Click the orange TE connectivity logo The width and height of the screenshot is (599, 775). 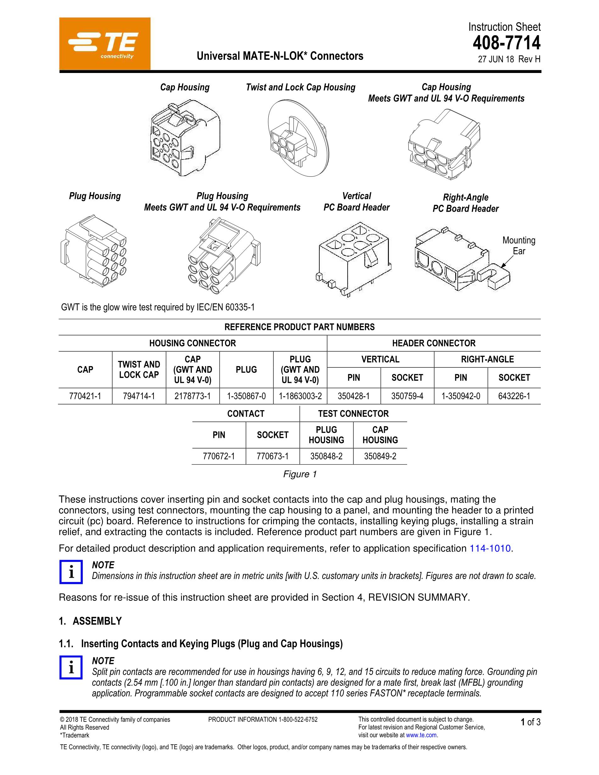[x=105, y=44]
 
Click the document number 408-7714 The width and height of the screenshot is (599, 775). [x=507, y=43]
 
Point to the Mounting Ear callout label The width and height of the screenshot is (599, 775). [x=518, y=246]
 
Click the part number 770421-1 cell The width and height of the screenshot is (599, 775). [x=85, y=396]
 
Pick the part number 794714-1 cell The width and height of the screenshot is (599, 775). [x=139, y=396]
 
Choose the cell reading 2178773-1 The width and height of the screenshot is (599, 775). [x=192, y=396]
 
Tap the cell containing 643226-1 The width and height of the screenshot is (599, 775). [x=514, y=396]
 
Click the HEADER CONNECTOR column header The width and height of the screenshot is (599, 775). [x=434, y=343]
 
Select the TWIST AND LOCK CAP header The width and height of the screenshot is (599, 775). [x=139, y=369]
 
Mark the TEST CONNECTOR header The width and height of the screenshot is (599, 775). [x=353, y=414]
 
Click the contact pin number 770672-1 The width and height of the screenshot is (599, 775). [x=219, y=456]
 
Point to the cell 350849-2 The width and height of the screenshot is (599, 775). [x=380, y=456]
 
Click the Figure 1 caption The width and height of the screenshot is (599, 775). [x=299, y=474]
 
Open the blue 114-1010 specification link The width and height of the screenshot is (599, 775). [x=490, y=548]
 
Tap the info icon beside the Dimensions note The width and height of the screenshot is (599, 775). [x=71, y=572]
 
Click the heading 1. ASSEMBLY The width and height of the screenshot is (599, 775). [x=90, y=621]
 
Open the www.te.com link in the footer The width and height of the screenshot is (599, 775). [x=421, y=735]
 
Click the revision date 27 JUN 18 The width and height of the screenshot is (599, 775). [x=496, y=59]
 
